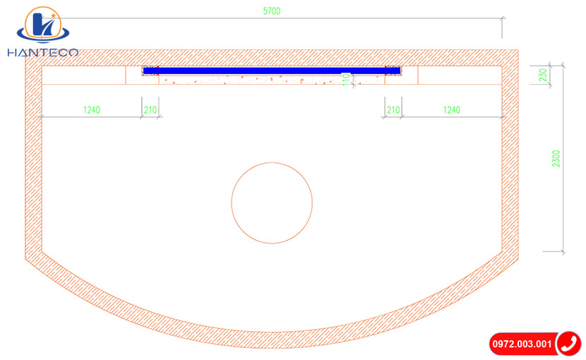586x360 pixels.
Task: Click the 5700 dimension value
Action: pyautogui.click(x=272, y=11)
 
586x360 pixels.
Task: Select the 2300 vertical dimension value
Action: pyautogui.click(x=556, y=159)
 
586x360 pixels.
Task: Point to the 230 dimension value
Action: pyautogui.click(x=543, y=75)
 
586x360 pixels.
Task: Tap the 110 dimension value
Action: pyautogui.click(x=346, y=79)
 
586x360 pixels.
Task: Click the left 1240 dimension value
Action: pyautogui.click(x=92, y=110)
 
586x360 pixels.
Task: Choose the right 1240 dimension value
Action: pyautogui.click(x=451, y=110)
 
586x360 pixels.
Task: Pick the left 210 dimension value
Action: pyautogui.click(x=150, y=110)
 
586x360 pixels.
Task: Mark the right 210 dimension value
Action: pyautogui.click(x=393, y=110)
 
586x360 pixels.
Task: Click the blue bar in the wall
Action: pyautogui.click(x=272, y=71)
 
